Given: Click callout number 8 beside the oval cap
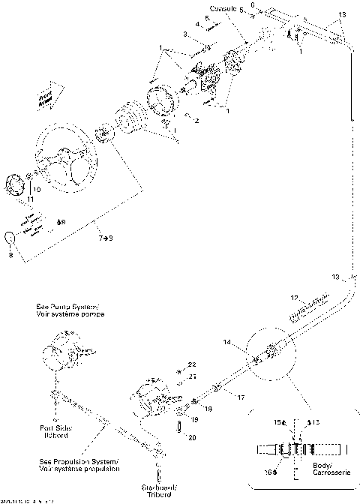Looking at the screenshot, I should (x=10, y=255).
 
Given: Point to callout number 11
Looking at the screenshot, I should (x=10, y=200).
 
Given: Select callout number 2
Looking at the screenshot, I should (x=197, y=121).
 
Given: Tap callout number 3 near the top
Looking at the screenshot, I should (x=185, y=34).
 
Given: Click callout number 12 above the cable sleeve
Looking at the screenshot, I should (x=295, y=296).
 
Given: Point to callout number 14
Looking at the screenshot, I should (x=226, y=342).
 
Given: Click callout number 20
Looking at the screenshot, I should (x=193, y=437).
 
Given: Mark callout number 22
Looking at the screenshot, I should (x=192, y=364).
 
